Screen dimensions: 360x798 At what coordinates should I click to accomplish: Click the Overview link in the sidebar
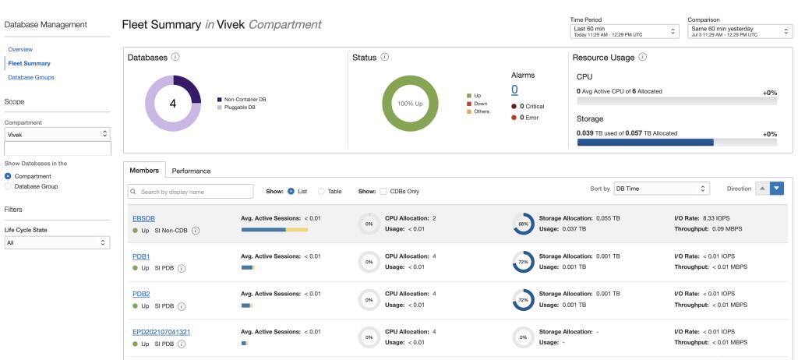click(x=20, y=49)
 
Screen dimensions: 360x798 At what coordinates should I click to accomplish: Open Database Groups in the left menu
click(x=31, y=77)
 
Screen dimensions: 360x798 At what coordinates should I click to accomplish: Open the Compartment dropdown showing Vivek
click(x=57, y=134)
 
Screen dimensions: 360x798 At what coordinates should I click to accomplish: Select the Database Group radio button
click(x=9, y=186)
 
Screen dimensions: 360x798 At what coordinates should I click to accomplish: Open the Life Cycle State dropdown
click(x=57, y=242)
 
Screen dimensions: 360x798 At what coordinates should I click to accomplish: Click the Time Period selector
click(x=624, y=31)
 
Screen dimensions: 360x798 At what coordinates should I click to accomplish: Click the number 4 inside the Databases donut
click(x=173, y=103)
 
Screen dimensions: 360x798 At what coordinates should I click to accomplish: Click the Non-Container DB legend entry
click(x=245, y=99)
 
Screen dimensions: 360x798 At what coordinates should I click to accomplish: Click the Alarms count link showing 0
click(x=514, y=90)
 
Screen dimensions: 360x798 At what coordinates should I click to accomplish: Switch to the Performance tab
click(x=191, y=171)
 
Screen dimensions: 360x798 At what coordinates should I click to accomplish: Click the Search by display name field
click(x=191, y=191)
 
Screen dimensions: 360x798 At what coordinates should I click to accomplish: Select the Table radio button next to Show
click(x=322, y=191)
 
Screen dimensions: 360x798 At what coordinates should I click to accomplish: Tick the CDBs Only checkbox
click(x=383, y=191)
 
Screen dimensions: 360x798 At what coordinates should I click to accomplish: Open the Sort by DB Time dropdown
click(x=661, y=189)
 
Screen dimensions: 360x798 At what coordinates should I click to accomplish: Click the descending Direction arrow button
click(x=776, y=189)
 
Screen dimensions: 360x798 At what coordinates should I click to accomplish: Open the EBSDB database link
click(x=145, y=218)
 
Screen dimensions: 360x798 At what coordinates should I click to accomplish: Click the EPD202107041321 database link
click(x=161, y=332)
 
